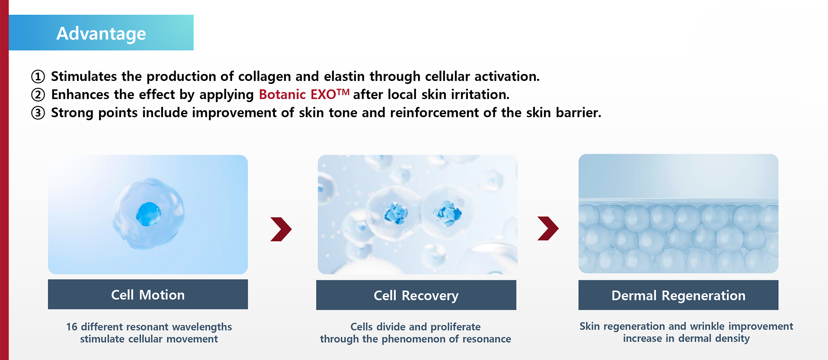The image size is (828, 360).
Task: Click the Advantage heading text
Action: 101,34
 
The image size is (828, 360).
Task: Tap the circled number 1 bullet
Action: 38,76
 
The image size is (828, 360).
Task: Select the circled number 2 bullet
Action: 38,95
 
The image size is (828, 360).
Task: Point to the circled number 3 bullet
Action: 38,113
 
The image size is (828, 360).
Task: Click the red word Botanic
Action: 282,95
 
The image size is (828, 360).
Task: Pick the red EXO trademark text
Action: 330,94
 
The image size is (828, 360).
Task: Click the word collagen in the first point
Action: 265,76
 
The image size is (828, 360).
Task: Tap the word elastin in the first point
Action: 344,76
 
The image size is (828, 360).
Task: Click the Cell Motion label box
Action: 148,294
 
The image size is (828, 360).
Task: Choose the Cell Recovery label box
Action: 416,295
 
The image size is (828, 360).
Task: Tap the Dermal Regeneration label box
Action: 678,295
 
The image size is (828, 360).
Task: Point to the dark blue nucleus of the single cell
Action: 148,214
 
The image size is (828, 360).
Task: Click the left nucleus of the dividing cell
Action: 396,214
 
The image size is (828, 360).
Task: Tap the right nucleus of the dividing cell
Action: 447,213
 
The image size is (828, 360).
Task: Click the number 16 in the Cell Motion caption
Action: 72,327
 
